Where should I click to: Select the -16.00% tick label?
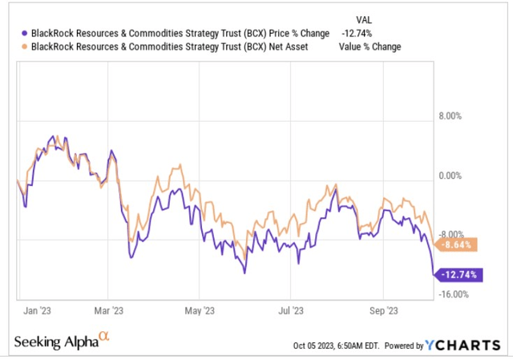point(464,294)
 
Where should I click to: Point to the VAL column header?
point(364,18)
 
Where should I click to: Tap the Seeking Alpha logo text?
point(55,342)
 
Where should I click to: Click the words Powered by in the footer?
point(405,346)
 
